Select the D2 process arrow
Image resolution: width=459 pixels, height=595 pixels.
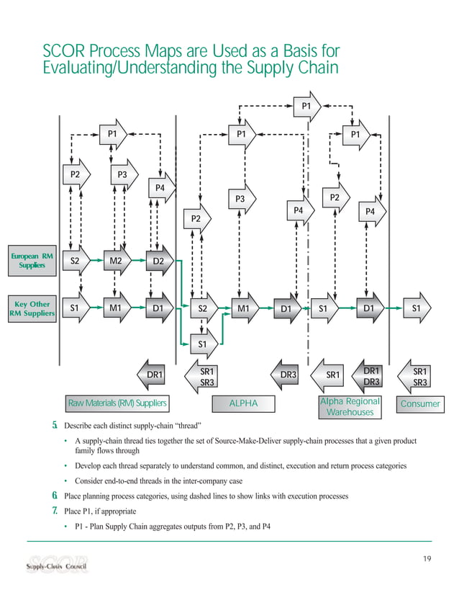(159, 261)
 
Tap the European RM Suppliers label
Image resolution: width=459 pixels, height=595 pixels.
(30, 260)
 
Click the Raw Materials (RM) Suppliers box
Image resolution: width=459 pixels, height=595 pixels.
(117, 403)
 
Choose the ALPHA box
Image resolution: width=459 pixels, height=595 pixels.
(242, 403)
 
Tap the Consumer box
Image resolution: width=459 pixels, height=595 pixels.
(420, 403)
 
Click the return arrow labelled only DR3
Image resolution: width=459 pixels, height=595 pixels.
(286, 375)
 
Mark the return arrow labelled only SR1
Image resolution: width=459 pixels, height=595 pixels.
(332, 375)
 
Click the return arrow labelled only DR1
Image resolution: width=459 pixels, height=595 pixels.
(153, 375)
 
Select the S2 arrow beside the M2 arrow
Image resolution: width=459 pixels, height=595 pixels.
(73, 261)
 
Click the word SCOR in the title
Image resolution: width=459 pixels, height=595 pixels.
(65, 52)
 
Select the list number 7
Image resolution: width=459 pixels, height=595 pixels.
(54, 511)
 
